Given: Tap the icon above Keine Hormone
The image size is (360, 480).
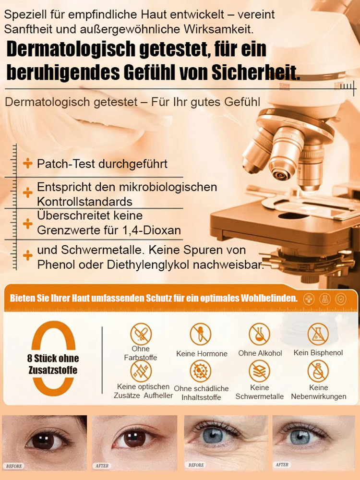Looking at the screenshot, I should pos(201,334).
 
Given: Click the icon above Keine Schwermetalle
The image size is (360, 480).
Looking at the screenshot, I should pos(259,371).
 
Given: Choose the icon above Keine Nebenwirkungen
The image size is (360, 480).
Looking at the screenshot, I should pos(318,371).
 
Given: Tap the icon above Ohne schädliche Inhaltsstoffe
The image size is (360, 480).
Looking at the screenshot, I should pos(201,371).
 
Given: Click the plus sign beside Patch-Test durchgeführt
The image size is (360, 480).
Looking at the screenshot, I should pos(28,164).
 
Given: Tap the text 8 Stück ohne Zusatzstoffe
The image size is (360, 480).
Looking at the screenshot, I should pos(53,364).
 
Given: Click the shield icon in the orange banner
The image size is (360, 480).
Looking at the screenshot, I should pos(340,299).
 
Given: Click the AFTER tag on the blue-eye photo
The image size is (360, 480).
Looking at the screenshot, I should pos(282,465).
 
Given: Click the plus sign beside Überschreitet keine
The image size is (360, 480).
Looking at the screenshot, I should pos(28,223).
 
